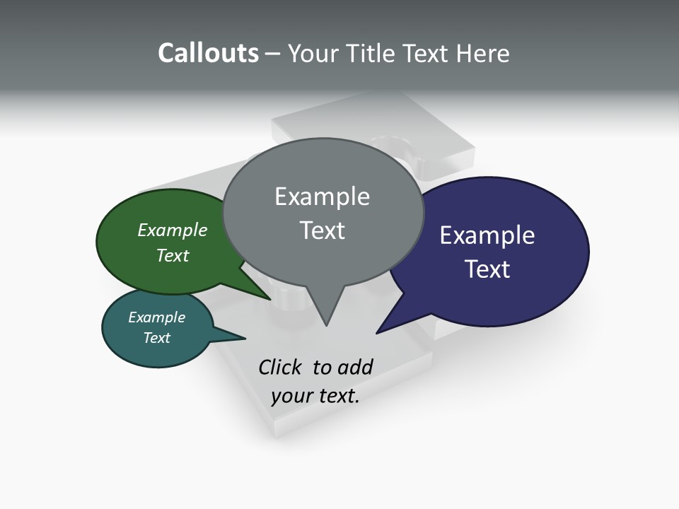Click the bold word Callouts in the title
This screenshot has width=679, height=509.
[208, 53]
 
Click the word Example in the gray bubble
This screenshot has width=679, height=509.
[322, 197]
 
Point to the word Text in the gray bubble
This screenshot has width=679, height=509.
[322, 230]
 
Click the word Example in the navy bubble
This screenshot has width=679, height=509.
[487, 235]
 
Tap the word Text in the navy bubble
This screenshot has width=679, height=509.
[487, 269]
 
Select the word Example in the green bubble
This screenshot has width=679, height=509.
[172, 230]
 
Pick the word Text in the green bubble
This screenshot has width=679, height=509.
[172, 255]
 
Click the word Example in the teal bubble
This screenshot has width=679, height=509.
[156, 317]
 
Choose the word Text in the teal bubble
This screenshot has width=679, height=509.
[156, 338]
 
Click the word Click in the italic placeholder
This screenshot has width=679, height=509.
[279, 367]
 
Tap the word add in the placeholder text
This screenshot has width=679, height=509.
[355, 367]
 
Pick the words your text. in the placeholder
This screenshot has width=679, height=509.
[315, 396]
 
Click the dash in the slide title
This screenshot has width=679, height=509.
[273, 54]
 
